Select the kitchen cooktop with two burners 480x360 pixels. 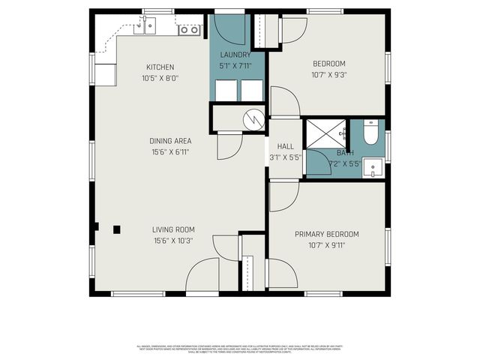189,30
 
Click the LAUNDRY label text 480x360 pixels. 235,55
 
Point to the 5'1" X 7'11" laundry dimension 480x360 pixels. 235,65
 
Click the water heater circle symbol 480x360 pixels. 256,118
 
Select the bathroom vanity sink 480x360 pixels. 373,168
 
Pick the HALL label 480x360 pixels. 286,147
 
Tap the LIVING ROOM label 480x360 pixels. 173,229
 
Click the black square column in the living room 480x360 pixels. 117,229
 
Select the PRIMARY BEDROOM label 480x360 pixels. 326,234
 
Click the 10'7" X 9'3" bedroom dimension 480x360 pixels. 328,75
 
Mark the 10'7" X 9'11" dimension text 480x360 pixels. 326,245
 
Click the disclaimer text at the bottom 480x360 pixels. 240,348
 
